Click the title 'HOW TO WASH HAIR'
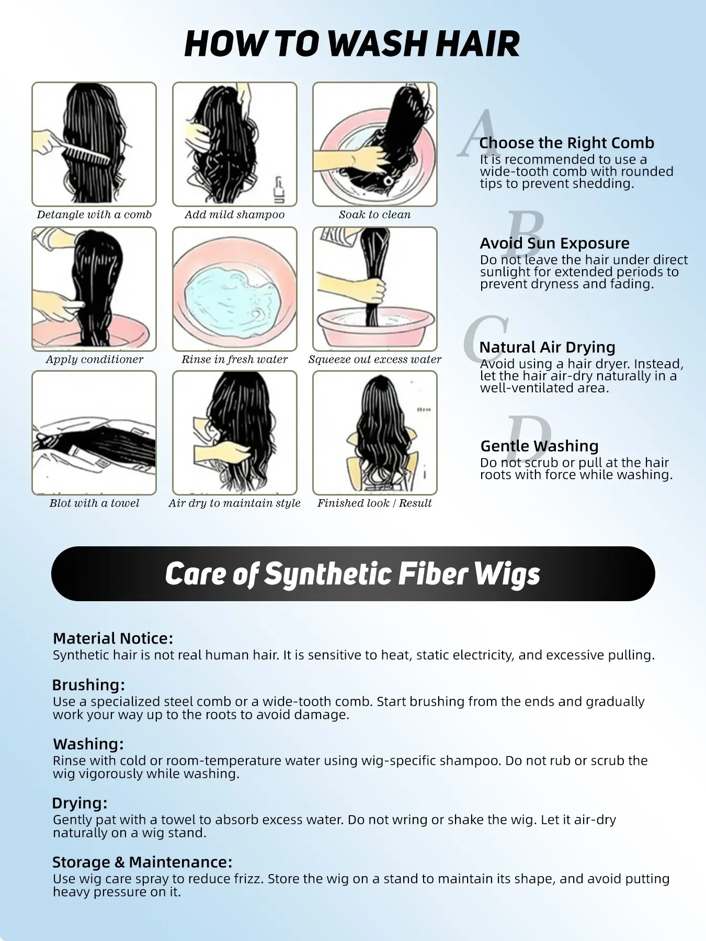point(352,44)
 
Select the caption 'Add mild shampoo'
point(235,215)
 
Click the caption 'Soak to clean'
point(374,215)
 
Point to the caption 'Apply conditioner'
point(94,360)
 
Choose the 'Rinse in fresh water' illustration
point(235,289)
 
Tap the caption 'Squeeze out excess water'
point(375,360)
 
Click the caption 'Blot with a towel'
point(94,503)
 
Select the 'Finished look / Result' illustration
point(375,433)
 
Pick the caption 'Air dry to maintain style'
point(234,503)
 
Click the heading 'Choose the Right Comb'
point(566,143)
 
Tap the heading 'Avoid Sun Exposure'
point(555,243)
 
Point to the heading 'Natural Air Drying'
point(547,347)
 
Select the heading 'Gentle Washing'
point(539,446)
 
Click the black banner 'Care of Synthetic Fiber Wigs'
point(353,573)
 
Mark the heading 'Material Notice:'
point(113,638)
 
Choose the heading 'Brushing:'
point(89,685)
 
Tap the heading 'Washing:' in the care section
point(88,744)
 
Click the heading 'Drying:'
point(80,803)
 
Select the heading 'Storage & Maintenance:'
point(142,862)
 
